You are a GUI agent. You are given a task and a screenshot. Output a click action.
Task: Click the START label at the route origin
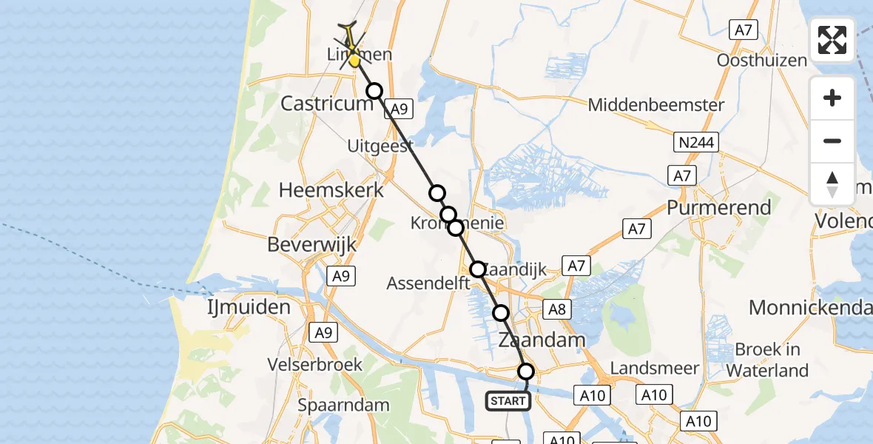tap(508, 402)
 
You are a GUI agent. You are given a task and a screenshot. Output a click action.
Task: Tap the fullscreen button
tap(832, 39)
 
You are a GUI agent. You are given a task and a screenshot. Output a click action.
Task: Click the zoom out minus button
tap(832, 141)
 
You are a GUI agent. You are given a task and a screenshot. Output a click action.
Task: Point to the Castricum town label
tap(326, 104)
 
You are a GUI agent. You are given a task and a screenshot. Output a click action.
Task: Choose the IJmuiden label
tap(248, 306)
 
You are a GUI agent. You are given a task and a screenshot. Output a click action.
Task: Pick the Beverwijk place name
tap(311, 245)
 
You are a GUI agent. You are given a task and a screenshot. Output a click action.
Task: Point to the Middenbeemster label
tap(656, 105)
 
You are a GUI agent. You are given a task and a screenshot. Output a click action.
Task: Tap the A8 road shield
tap(557, 309)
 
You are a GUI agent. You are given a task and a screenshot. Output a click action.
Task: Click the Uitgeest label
tap(380, 147)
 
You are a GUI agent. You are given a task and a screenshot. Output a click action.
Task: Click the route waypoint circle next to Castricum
tap(374, 91)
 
